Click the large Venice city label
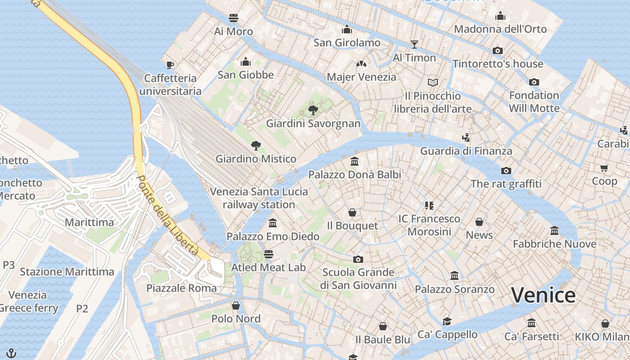[x=543, y=295]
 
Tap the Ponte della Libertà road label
[x=167, y=216]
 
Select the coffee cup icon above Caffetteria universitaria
[x=170, y=65]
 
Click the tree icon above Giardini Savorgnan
[x=313, y=110]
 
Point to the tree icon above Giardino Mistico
[x=256, y=145]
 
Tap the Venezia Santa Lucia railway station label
[x=259, y=198]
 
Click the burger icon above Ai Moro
[x=233, y=18]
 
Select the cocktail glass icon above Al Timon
[x=414, y=44]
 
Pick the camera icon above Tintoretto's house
[x=497, y=50]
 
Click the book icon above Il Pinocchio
[x=432, y=82]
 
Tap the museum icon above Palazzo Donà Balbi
[x=354, y=161]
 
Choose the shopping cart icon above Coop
[x=604, y=168]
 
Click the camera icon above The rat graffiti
[x=506, y=171]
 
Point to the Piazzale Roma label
[x=181, y=288]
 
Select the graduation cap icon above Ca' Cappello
[x=447, y=321]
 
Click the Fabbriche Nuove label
[x=554, y=244]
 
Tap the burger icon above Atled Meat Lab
[x=268, y=254]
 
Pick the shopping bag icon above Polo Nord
[x=236, y=306]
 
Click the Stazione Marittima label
[x=67, y=271]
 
